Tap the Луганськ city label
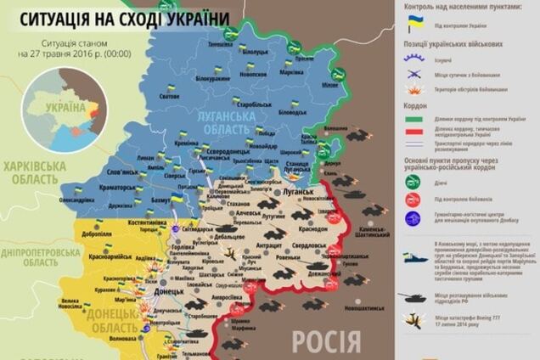click(x=297, y=194)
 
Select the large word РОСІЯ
click(x=326, y=341)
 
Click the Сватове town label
click(x=169, y=96)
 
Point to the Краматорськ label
click(x=99, y=184)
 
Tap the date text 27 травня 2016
click(x=80, y=55)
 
